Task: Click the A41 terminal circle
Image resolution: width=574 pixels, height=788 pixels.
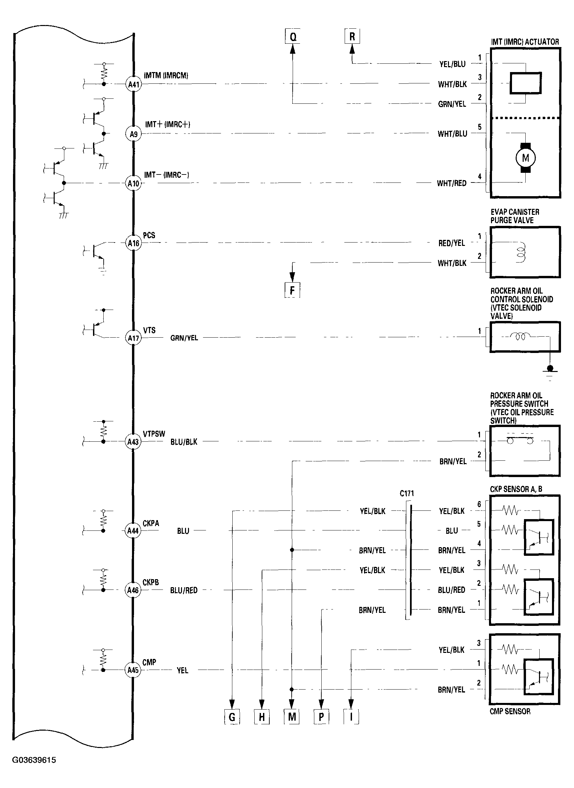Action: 133,84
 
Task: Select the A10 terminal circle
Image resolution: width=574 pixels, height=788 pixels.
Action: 133,183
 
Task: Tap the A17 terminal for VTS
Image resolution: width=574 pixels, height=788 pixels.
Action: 133,338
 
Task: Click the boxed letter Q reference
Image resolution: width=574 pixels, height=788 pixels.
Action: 293,36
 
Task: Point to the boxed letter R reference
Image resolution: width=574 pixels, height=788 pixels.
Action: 352,36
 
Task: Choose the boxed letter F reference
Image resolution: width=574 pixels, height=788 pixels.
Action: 292,290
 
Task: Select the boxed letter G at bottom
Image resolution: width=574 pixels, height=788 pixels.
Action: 232,717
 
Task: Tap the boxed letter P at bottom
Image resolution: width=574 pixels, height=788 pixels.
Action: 321,717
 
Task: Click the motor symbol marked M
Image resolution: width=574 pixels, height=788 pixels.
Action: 525,158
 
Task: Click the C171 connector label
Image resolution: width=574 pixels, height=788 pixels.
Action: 407,493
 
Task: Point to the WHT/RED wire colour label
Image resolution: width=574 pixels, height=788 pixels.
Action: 452,183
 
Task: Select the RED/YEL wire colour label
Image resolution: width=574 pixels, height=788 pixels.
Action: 451,243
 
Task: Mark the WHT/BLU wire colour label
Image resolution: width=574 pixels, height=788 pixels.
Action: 452,134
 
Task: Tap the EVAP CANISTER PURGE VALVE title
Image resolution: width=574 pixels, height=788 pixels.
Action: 515,216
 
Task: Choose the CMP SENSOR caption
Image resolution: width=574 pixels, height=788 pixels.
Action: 510,711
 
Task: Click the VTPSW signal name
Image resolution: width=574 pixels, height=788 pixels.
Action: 154,434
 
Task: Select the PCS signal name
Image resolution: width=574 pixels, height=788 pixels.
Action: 149,236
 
